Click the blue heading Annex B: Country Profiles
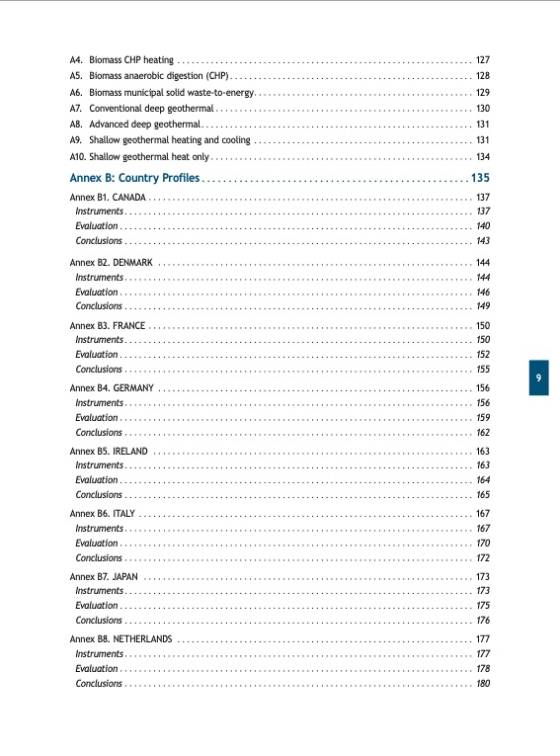[135, 178]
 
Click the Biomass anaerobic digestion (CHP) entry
[158, 75]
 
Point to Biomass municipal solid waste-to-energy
[172, 92]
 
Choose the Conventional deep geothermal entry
[151, 108]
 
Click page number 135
[480, 178]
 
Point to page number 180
[483, 683]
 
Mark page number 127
[483, 59]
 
